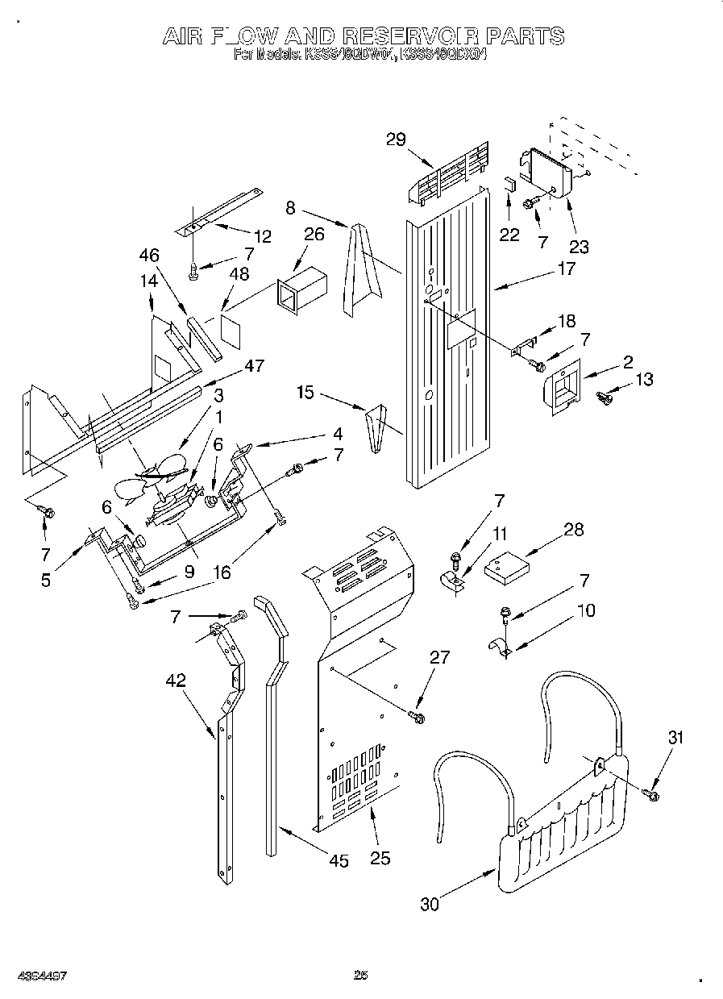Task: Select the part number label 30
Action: [x=430, y=904]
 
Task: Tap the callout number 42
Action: [x=176, y=681]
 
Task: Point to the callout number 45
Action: [x=339, y=861]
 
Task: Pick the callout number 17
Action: [x=566, y=268]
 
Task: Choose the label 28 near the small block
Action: [x=574, y=530]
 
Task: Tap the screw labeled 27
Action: [x=417, y=714]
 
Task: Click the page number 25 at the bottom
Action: [x=360, y=976]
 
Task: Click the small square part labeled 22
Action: [x=509, y=182]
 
